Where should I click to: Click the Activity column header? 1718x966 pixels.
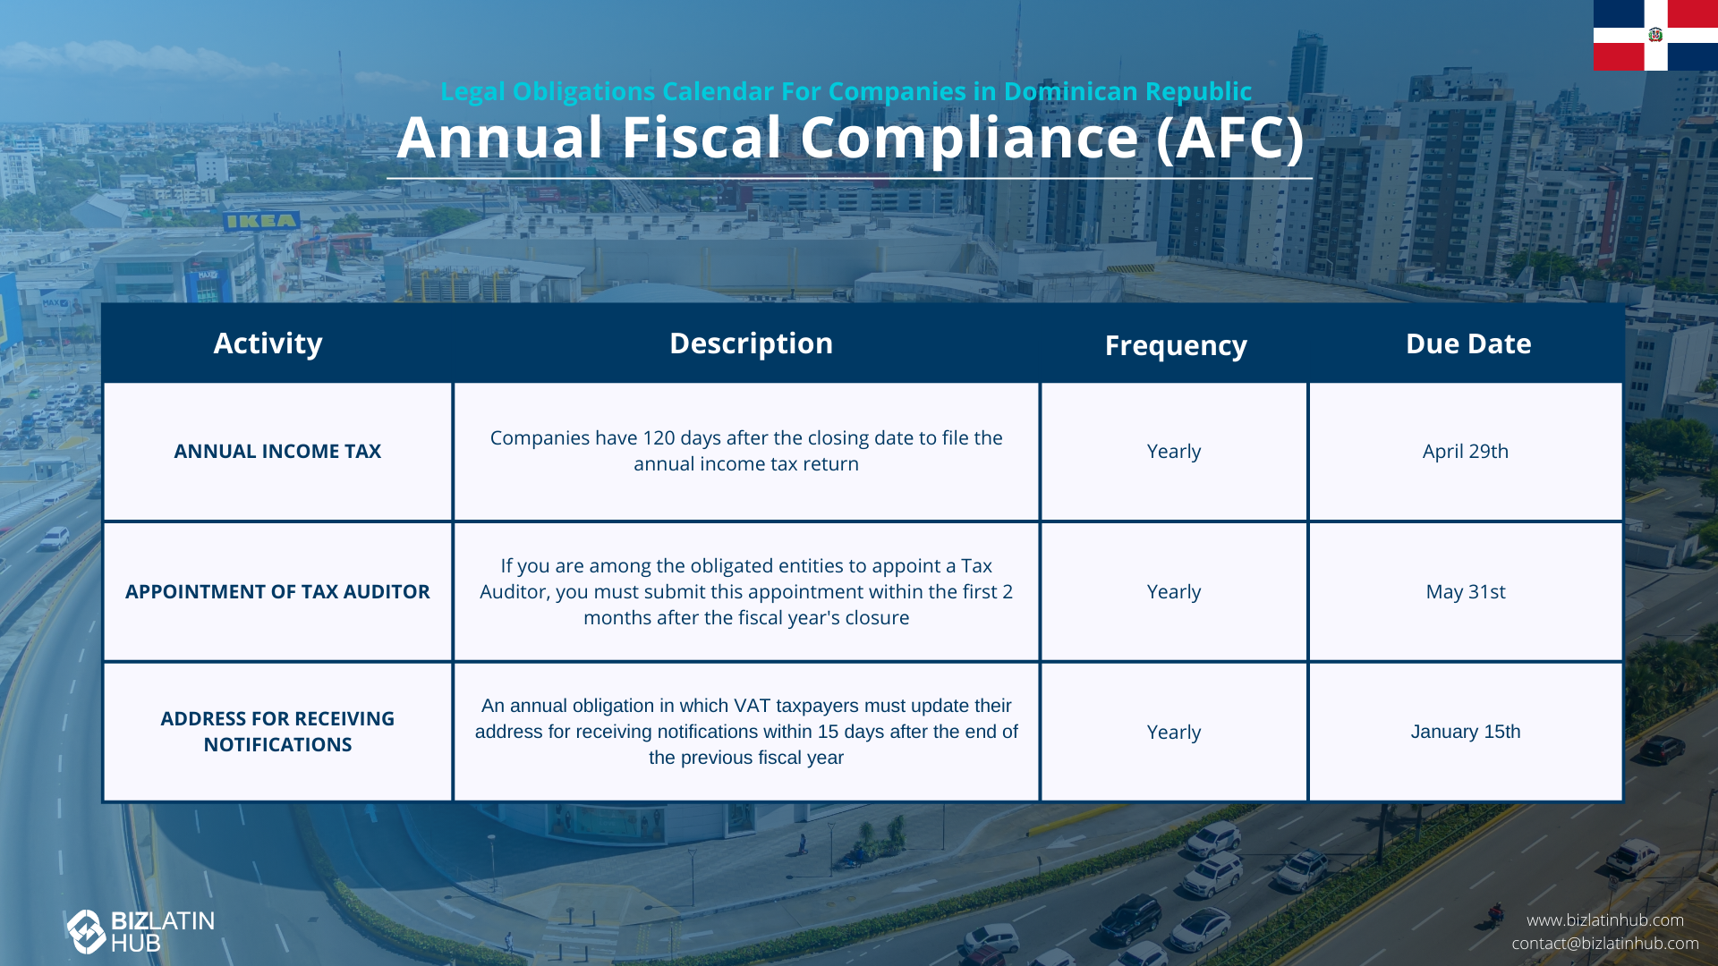(268, 344)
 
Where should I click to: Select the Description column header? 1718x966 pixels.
(751, 344)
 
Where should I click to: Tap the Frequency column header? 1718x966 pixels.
(1176, 346)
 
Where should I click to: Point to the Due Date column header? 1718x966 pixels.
(1468, 343)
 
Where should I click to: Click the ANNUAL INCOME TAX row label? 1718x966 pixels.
(277, 451)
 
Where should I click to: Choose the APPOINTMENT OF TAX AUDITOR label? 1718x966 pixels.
(277, 591)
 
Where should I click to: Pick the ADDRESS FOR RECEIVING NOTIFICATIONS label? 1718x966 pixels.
(277, 732)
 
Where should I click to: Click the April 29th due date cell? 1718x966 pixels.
(1466, 452)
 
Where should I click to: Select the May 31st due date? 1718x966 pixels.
(1466, 592)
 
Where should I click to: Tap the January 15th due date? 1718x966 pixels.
(1466, 732)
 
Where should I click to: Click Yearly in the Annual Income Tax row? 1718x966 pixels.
(1174, 452)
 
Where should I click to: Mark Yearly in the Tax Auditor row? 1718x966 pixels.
(1174, 592)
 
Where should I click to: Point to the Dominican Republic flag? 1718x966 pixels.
(1655, 35)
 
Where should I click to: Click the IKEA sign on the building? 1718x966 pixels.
(260, 221)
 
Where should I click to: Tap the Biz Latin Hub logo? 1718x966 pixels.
(140, 932)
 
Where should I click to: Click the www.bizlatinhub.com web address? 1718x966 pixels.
(1605, 920)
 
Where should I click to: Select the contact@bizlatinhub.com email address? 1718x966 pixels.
(1605, 944)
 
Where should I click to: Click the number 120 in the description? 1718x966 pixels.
(659, 438)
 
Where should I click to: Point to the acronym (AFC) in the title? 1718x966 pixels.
(1230, 139)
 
